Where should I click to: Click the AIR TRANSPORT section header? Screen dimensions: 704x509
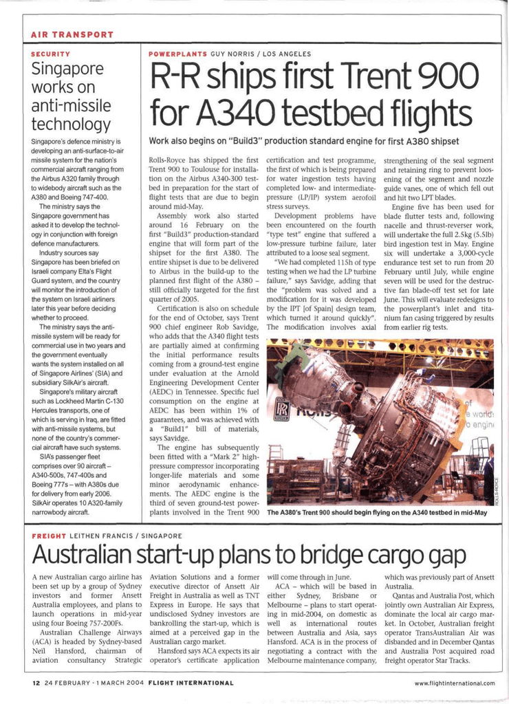pyautogui.click(x=72, y=34)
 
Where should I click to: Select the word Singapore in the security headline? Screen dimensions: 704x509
pyautogui.click(x=67, y=69)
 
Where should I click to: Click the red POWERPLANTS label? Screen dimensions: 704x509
pyautogui.click(x=177, y=54)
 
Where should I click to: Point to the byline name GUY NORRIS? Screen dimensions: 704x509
pyautogui.click(x=232, y=54)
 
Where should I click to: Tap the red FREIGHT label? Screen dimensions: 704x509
pyautogui.click(x=49, y=536)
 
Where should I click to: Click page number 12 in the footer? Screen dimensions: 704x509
pyautogui.click(x=36, y=683)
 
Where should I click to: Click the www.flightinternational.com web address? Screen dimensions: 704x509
pyautogui.click(x=455, y=683)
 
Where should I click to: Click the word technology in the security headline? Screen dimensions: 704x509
pyautogui.click(x=72, y=124)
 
